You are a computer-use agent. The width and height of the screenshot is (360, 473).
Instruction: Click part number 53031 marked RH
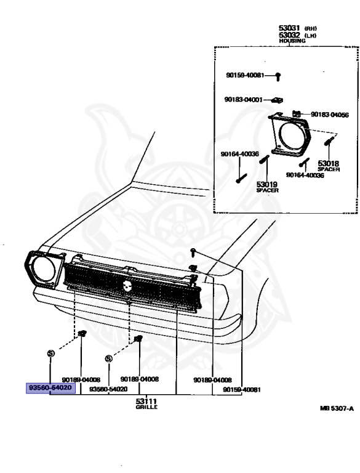289,28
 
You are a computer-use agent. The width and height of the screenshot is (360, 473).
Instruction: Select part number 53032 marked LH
289,34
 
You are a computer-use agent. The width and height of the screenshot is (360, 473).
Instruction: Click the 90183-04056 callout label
329,115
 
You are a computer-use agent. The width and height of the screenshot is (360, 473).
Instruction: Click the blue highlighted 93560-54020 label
51,388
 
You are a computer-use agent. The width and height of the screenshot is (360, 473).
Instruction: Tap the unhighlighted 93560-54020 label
108,389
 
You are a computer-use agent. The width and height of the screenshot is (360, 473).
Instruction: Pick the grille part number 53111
145,400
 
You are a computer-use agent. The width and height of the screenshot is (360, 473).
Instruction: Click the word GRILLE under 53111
145,406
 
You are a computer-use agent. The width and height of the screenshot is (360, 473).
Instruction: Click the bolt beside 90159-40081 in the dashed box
278,76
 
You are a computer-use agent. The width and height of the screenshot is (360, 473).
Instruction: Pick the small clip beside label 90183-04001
278,99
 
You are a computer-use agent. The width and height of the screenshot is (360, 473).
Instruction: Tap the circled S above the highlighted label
50,353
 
